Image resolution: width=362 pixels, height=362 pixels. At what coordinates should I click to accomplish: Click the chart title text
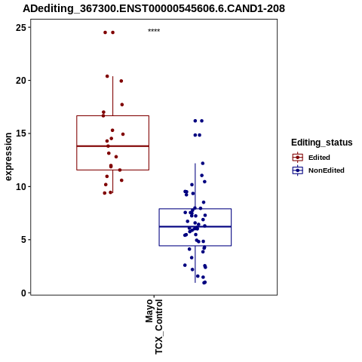coord(154,8)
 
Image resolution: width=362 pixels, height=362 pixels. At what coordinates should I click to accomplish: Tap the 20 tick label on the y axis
coord(21,81)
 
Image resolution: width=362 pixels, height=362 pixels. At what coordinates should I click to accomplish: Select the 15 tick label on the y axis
coord(21,133)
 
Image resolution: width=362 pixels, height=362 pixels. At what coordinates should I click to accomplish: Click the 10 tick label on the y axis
coord(21,186)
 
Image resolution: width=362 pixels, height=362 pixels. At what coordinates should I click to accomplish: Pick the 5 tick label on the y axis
coord(23,240)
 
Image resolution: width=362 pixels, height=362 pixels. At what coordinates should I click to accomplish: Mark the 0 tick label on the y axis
coord(23,293)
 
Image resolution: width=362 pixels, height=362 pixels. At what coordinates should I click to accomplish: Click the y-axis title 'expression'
coord(8,157)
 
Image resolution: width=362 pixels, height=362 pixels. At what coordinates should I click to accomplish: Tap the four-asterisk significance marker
coord(154,31)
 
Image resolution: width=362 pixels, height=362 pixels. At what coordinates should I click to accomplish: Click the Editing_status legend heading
coord(322,143)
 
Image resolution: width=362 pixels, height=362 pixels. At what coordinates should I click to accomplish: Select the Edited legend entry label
coord(319,158)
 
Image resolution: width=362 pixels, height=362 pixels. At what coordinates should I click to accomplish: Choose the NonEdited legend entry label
coord(327,170)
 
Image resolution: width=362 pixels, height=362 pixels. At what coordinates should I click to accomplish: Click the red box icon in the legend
coord(298,158)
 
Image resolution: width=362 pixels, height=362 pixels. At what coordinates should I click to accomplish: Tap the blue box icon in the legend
coord(298,170)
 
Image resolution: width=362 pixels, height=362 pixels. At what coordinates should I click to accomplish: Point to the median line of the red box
coord(112,146)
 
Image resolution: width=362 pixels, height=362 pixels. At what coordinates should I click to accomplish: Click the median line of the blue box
coord(195,227)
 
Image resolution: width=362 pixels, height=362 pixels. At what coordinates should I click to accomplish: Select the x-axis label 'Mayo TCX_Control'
coord(154,327)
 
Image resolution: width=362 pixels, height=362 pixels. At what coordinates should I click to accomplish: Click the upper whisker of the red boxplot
coord(112,96)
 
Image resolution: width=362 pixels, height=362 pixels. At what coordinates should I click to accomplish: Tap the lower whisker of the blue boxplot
coord(195,264)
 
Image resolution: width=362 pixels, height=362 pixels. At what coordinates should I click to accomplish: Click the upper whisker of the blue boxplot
coord(195,186)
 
